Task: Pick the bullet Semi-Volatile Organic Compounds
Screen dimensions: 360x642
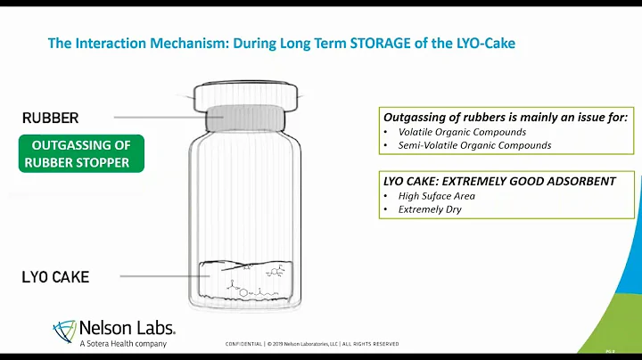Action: pyautogui.click(x=468, y=145)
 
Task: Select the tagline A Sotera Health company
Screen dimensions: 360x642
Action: pyautogui.click(x=122, y=344)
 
